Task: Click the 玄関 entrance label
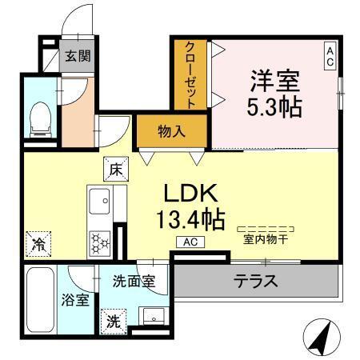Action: click(78, 57)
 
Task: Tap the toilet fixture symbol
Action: click(37, 118)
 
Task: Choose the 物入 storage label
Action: click(171, 131)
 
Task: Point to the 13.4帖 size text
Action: click(191, 218)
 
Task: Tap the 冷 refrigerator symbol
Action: click(37, 242)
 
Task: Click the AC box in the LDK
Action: click(191, 242)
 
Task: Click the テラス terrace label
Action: click(256, 281)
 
